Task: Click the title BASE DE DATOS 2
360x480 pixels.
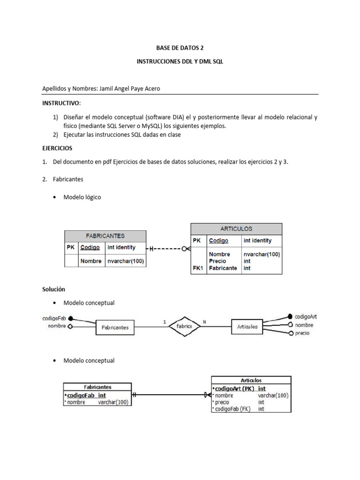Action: coord(180,48)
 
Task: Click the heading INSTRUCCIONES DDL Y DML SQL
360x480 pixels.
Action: coord(180,61)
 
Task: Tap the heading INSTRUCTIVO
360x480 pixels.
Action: coord(61,103)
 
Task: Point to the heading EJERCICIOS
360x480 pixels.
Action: coord(57,148)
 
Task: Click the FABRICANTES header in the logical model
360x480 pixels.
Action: coord(105,236)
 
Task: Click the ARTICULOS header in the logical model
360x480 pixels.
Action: coord(236,229)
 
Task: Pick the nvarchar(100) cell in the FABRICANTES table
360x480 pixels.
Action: coord(125,261)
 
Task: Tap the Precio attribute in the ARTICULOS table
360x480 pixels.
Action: coord(217,261)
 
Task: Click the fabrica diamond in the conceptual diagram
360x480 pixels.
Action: coord(184,326)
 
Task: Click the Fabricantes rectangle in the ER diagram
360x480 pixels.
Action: coord(115,327)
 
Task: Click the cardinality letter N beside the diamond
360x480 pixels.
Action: coord(203,322)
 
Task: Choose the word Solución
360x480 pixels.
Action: coord(53,289)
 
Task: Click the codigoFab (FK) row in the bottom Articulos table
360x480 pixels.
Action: coord(232,409)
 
